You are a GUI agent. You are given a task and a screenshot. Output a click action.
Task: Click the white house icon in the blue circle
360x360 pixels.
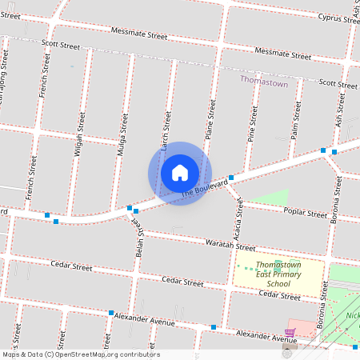pos(180,172)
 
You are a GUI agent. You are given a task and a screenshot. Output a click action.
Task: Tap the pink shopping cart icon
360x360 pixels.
pos(290,333)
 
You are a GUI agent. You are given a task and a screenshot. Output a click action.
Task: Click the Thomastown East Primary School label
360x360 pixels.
pos(278,274)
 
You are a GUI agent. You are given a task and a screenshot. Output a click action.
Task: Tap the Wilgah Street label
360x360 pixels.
pos(80,132)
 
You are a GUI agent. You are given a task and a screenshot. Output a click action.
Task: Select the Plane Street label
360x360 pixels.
pos(211,122)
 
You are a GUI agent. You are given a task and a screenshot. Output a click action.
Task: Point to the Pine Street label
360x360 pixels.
pos(253,125)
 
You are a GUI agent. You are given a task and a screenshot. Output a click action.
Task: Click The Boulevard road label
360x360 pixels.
pos(200,189)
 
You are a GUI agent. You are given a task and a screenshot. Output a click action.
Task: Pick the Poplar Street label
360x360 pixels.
pos(306,212)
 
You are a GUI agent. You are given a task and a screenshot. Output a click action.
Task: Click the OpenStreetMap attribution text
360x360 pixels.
pos(80,354)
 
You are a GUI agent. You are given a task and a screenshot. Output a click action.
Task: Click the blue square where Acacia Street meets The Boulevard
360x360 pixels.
pos(230,178)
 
